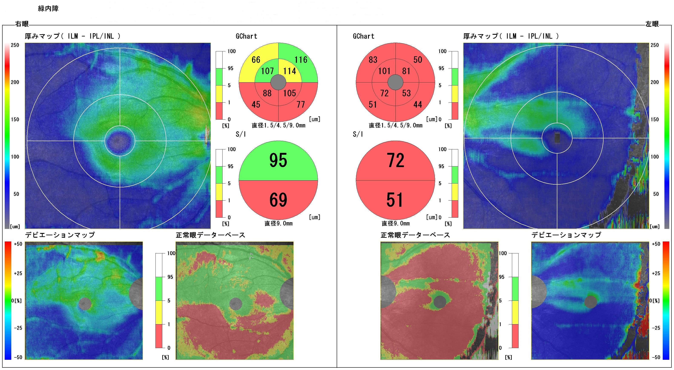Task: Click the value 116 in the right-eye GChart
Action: point(301,60)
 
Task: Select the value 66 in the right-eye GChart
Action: point(256,60)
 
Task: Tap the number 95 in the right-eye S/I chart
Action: point(278,160)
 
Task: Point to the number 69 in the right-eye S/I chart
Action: point(278,200)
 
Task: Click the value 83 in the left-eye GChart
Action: point(373,60)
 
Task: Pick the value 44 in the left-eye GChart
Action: point(418,104)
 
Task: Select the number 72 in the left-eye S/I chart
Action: point(395,160)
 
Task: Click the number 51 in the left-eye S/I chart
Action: point(395,200)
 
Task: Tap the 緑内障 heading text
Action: point(48,8)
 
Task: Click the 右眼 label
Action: point(22,24)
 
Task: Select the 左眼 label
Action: point(652,24)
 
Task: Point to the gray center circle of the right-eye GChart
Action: point(278,82)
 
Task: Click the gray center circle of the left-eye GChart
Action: point(395,82)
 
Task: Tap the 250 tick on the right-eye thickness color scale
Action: point(15,45)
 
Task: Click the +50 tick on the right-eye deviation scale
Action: point(18,244)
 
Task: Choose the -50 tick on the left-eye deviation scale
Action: point(656,357)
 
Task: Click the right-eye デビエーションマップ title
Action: point(60,235)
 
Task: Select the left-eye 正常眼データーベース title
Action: point(415,235)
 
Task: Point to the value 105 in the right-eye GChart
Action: point(289,93)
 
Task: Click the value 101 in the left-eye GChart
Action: point(384,71)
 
